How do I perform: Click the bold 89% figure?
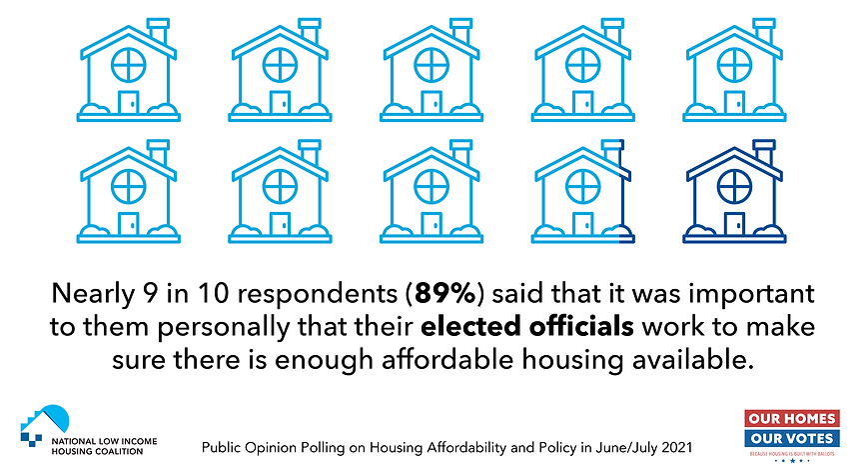pos(410,295)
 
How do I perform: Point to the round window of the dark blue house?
pos(734,185)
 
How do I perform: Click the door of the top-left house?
pos(128,102)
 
